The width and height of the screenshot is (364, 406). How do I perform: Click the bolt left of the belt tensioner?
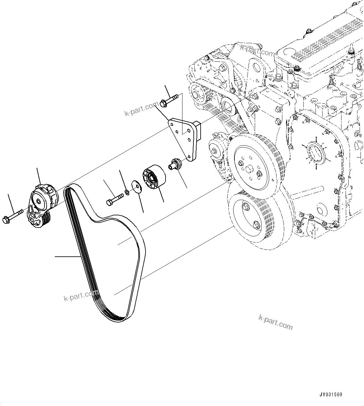(x=13, y=216)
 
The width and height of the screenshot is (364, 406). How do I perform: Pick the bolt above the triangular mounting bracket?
(x=169, y=100)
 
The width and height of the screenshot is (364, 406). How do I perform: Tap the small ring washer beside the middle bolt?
(x=127, y=192)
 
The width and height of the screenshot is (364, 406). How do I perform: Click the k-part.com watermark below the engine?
(x=275, y=322)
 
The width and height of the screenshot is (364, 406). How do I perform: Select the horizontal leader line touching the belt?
(x=67, y=257)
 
